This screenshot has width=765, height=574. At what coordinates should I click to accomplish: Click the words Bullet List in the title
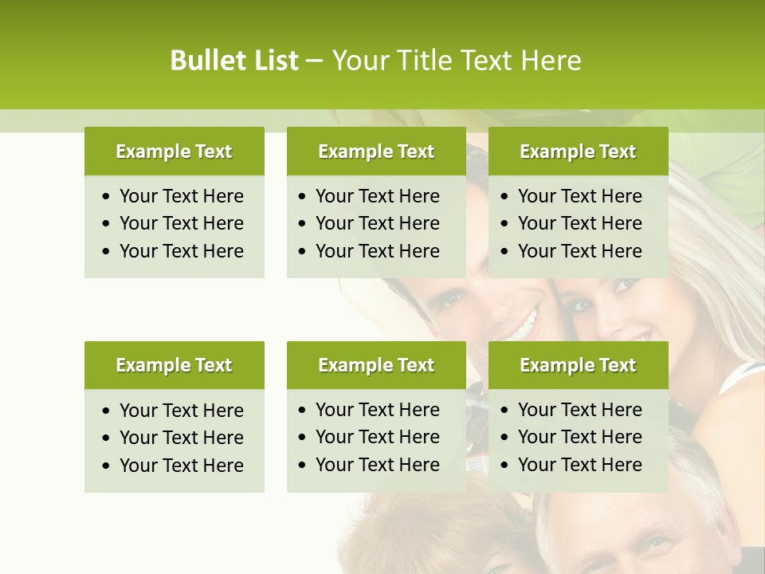coord(233,61)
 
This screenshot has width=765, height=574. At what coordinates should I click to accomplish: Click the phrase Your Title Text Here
coord(457,61)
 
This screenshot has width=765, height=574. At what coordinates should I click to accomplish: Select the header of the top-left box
coord(174,151)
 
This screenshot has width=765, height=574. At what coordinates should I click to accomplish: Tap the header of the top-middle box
coord(376,151)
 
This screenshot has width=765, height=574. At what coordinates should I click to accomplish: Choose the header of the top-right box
coord(578,151)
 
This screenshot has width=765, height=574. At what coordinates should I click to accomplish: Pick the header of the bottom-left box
coord(174,365)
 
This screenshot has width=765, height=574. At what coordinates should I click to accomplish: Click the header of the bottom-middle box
coord(376,365)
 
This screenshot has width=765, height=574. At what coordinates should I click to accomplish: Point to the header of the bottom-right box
coord(578,365)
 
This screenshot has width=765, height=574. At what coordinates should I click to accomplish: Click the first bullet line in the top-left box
coord(181,196)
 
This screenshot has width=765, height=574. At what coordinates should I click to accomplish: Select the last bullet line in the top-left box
coord(181,251)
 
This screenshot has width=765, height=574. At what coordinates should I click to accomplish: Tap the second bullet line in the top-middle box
coord(377,223)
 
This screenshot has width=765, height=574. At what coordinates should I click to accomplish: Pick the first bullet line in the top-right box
coord(579,196)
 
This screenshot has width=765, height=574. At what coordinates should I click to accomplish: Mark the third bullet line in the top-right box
coord(579,251)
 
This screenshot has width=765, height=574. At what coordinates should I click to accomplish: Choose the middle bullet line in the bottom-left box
coord(181,438)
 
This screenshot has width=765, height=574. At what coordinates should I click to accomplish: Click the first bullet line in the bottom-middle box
coord(377,410)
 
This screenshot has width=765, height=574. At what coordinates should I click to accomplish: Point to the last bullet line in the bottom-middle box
coord(377,465)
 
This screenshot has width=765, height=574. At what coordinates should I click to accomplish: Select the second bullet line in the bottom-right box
coord(579,437)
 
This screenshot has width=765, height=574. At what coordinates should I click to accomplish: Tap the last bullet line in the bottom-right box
coord(579,465)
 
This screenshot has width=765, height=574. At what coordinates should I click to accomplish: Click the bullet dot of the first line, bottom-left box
coord(107,411)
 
